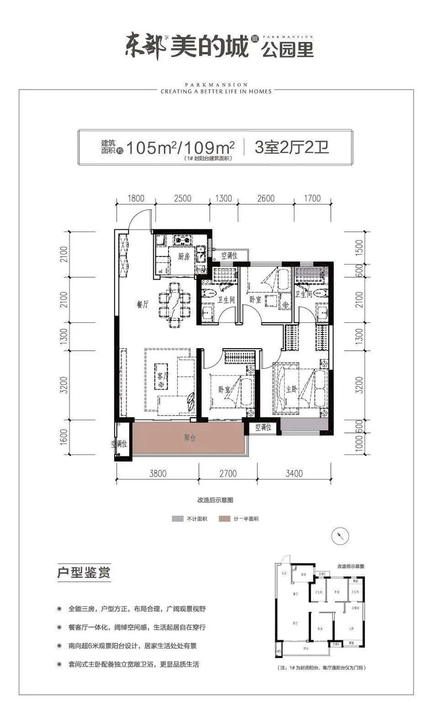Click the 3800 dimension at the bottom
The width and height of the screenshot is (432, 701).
157,474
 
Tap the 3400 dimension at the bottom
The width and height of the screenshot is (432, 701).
294,474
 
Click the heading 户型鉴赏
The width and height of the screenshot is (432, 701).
84,572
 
